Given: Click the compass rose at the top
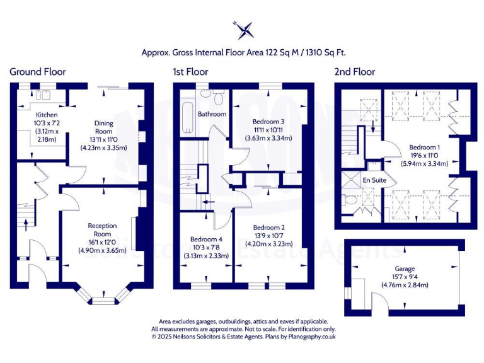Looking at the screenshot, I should point(243,29).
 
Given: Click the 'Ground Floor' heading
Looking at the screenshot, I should point(37,72).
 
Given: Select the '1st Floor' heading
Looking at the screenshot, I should point(190,72).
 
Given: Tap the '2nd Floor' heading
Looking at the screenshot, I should point(354,72).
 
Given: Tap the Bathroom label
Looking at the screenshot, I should point(212,114).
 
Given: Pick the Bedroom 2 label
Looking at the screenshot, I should point(269,227).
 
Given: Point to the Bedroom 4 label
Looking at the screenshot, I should point(206,239).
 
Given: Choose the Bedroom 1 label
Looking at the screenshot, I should point(424,146).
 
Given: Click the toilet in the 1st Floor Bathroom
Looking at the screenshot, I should point(218,99).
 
